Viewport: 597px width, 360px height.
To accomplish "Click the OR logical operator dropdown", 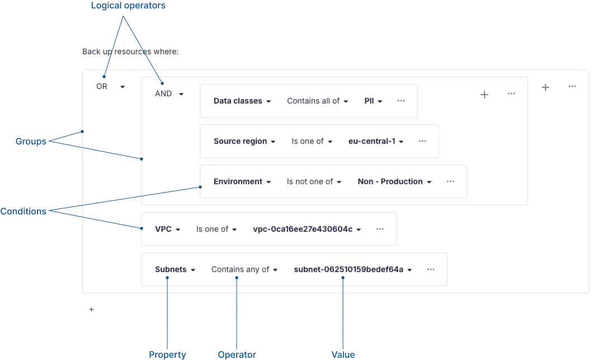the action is [x=110, y=86].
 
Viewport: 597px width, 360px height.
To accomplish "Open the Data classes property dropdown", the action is [x=242, y=101].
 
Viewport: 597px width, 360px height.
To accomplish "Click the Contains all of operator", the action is [x=318, y=101].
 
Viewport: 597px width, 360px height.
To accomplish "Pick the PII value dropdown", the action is [x=373, y=101].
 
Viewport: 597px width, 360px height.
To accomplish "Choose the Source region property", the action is [x=245, y=141].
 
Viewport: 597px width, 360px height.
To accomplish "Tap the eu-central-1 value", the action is [x=376, y=141].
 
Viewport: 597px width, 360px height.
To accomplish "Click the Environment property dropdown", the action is [x=242, y=182].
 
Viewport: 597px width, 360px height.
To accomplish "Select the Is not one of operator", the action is [x=314, y=182].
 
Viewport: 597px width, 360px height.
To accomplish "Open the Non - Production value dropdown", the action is [x=394, y=182].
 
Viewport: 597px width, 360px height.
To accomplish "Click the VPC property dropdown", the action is [x=167, y=230].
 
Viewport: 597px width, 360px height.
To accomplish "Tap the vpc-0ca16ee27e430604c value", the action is [x=307, y=230].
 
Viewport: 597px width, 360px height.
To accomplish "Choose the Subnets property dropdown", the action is [x=175, y=270].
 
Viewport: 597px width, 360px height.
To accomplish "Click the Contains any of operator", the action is [x=245, y=270].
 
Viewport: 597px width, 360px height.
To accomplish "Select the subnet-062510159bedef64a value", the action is [x=353, y=270].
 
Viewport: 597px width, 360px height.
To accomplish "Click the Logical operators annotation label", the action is [x=128, y=6].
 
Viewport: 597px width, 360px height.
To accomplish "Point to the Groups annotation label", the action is [x=31, y=141].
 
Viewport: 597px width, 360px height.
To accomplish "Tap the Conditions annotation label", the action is [x=23, y=212].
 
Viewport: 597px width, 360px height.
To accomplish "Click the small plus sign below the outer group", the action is [x=91, y=310].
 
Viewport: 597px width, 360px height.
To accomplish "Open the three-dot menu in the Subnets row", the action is [x=431, y=269].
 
